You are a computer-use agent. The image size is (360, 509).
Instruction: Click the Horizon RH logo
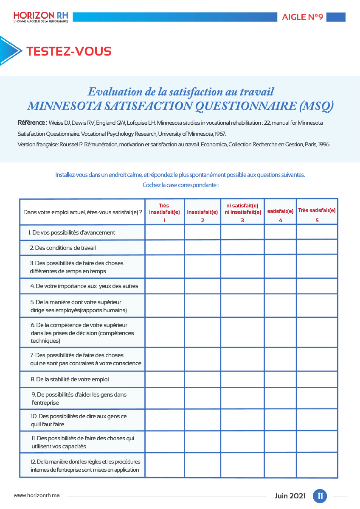tap(41, 17)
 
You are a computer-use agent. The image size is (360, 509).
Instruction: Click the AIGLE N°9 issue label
tap(302, 17)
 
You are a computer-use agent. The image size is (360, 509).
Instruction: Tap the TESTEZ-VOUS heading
tap(69, 51)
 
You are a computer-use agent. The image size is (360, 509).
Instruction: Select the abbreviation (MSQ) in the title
tap(316, 106)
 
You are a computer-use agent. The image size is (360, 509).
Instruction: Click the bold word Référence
tap(32, 123)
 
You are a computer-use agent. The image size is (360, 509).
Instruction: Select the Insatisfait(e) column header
tap(202, 212)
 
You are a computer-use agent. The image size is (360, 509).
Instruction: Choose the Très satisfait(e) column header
tap(317, 210)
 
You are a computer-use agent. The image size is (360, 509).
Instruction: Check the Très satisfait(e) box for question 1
tap(317, 232)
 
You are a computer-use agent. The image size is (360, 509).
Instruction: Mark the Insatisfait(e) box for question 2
tap(202, 247)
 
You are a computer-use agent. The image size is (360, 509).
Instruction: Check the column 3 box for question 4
tap(242, 285)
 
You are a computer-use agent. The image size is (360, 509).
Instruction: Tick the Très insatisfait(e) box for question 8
tap(164, 379)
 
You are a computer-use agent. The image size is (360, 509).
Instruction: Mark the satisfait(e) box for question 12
tap(280, 465)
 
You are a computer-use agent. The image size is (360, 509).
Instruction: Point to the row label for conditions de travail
tap(65, 247)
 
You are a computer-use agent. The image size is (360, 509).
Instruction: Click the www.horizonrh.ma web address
tap(37, 495)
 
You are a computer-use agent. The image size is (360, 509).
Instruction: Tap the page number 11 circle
tap(320, 496)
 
